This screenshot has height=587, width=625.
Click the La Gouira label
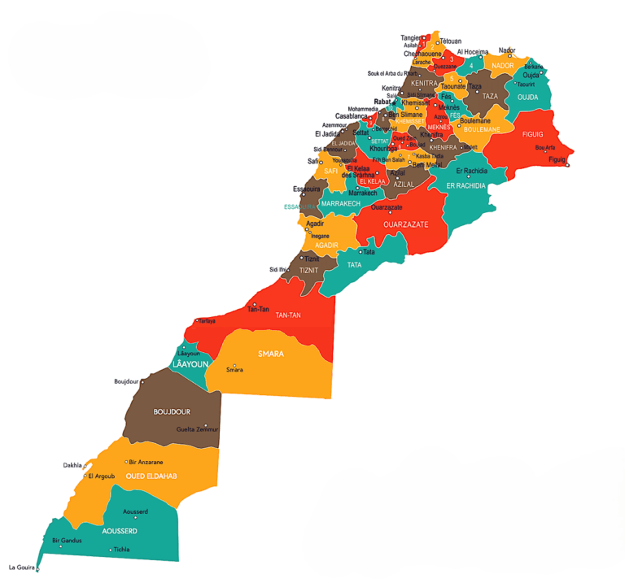23,567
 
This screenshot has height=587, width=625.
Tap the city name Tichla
120,550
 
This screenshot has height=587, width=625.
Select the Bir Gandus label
67,540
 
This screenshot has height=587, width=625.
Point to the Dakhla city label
72,466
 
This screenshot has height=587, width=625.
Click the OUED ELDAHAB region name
151,476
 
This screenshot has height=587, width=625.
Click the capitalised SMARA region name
270,354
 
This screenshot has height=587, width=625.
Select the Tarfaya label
208,321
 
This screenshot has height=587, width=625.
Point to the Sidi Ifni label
278,269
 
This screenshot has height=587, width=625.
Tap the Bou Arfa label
544,147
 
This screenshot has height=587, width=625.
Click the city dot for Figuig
567,165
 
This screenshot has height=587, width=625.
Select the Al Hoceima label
472,52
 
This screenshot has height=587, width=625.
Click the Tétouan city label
450,41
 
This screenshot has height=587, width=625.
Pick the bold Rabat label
382,102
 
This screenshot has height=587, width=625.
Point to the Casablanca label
352,116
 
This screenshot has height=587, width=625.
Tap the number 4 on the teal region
470,66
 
